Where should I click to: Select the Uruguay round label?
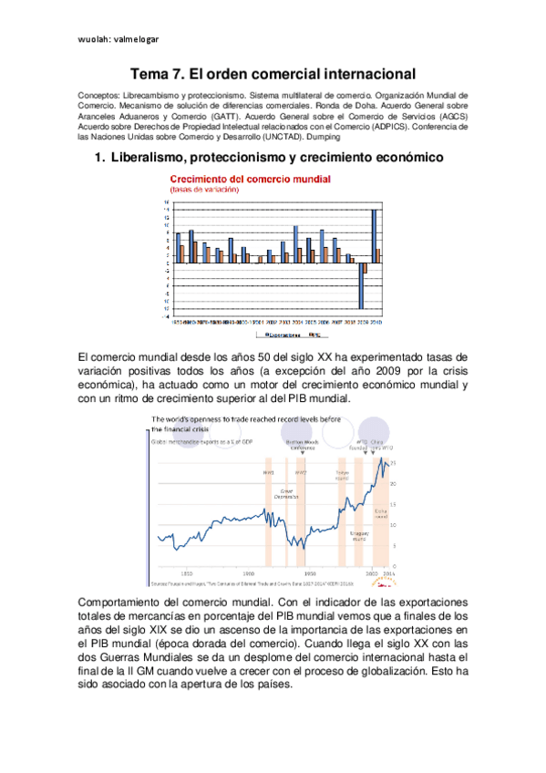(x=359, y=538)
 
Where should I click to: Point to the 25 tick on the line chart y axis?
(x=395, y=465)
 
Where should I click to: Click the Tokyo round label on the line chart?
(x=342, y=475)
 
